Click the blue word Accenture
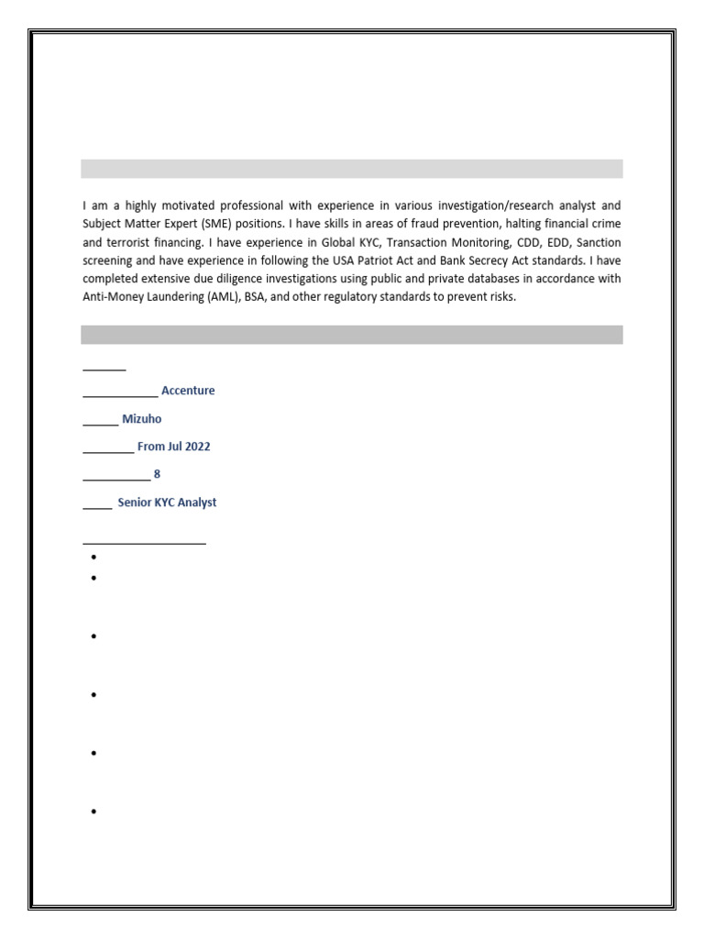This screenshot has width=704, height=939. pos(188,391)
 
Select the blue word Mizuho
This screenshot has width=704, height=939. pos(142,419)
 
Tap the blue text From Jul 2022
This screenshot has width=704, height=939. pos(173,447)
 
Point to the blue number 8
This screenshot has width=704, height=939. pos(157,475)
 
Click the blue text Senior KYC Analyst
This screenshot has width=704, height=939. pos(167,503)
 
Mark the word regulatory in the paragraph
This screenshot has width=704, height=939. pos(367,297)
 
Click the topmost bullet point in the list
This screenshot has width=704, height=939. pos(94,558)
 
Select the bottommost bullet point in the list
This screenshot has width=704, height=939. pos(94,812)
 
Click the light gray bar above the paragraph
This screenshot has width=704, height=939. pos(351,169)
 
